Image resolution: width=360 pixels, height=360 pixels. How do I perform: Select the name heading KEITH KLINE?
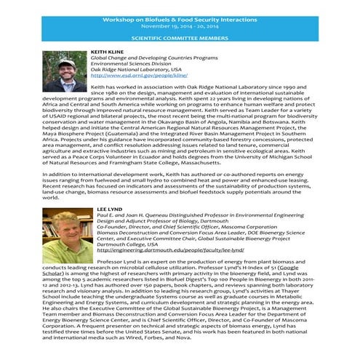pyautogui.click(x=108, y=53)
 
